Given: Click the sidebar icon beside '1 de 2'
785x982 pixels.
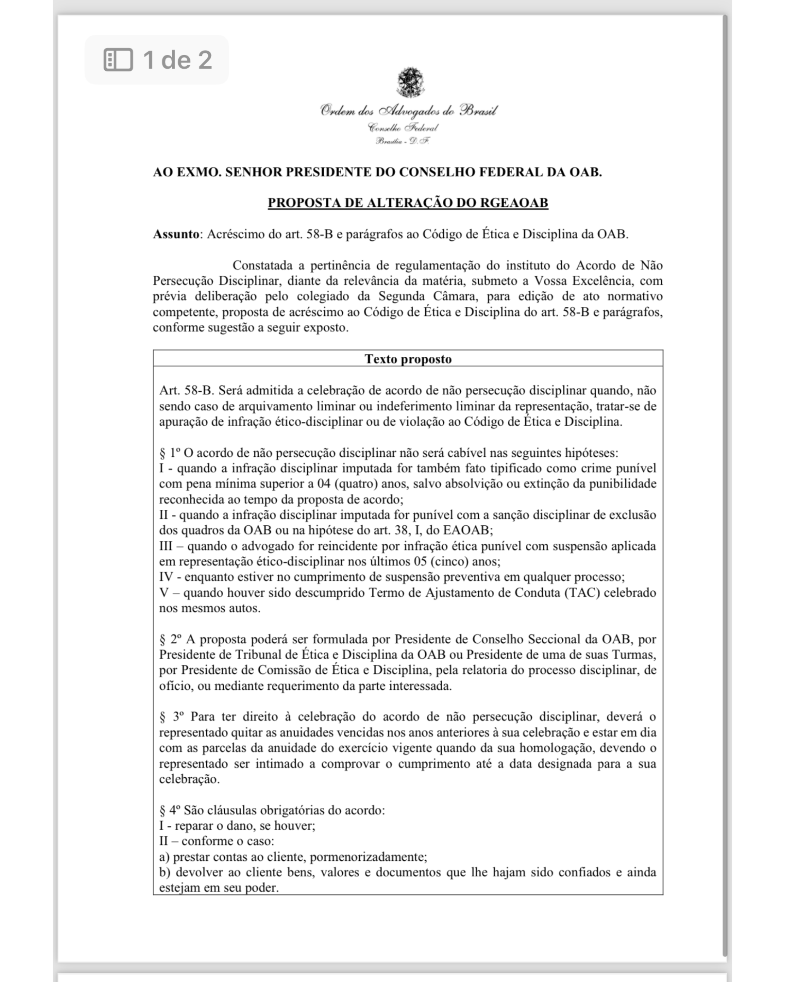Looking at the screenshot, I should click(x=118, y=60).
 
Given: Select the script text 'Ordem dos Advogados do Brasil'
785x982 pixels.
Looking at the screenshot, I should click(x=408, y=111).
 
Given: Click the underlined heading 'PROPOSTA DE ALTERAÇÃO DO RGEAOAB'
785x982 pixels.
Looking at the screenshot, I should click(x=408, y=203).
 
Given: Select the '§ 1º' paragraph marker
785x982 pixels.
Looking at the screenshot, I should click(x=169, y=453).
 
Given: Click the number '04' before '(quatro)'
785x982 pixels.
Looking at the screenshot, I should click(x=323, y=484).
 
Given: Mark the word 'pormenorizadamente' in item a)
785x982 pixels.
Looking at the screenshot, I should click(x=367, y=857).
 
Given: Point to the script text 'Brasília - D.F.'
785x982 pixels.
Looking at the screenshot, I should click(x=402, y=141).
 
